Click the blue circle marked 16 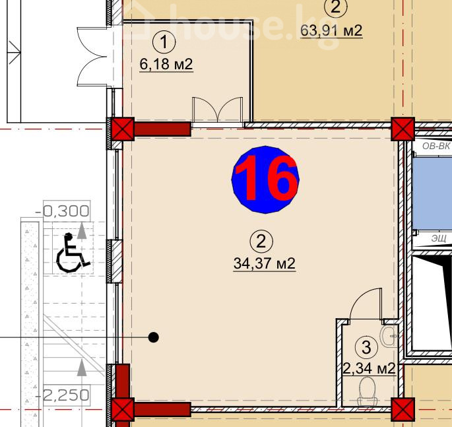click(265, 180)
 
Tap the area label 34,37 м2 click(265, 263)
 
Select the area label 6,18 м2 click(166, 64)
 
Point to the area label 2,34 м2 click(369, 368)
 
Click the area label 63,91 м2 click(331, 30)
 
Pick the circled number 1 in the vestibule click(164, 42)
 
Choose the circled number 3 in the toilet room click(366, 347)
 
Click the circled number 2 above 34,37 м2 click(261, 242)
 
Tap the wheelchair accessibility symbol click(73, 253)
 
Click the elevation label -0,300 click(62, 211)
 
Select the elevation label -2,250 click(62, 395)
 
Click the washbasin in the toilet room click(389, 336)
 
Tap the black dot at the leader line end click(153, 337)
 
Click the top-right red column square click(403, 129)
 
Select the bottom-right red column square click(403, 409)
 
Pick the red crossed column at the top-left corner click(123, 129)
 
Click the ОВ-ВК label click(436, 146)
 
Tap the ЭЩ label click(439, 238)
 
